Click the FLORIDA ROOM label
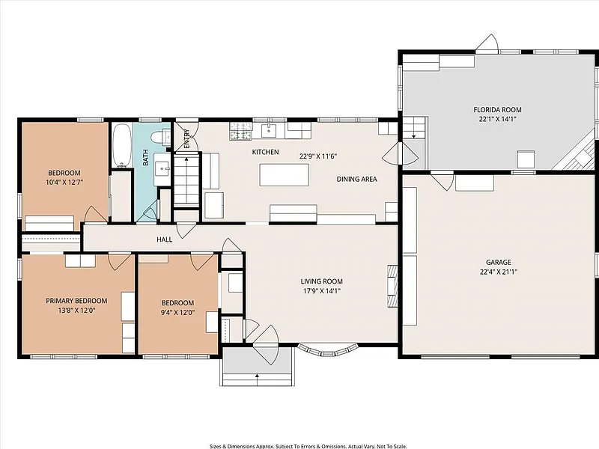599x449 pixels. [x=497, y=110]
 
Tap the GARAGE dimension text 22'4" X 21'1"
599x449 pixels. [x=498, y=272]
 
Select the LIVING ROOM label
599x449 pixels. [x=322, y=281]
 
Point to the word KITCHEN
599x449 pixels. [x=266, y=152]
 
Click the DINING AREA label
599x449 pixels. [x=357, y=179]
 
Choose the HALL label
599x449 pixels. [x=164, y=239]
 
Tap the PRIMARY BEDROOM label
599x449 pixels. [x=76, y=301]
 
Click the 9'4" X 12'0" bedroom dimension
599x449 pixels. [x=177, y=312]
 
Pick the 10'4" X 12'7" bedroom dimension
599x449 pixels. [x=64, y=182]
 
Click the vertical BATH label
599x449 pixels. [x=145, y=157]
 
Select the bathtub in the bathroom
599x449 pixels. [x=122, y=145]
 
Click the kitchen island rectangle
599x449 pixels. [x=285, y=175]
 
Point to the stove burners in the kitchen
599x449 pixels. [x=240, y=130]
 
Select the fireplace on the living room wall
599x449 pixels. [x=392, y=285]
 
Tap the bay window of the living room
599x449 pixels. [x=328, y=349]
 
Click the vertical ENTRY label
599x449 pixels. [x=186, y=139]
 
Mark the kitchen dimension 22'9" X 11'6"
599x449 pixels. [x=317, y=156]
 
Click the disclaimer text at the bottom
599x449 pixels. [x=308, y=446]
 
